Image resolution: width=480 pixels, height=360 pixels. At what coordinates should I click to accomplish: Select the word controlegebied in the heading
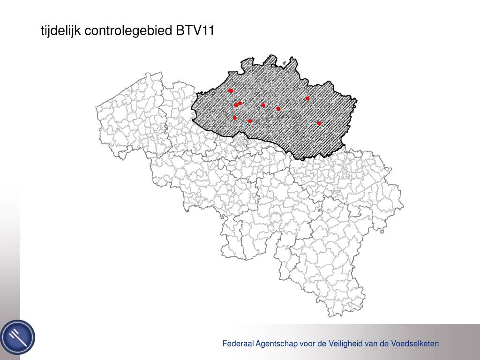click(x=128, y=31)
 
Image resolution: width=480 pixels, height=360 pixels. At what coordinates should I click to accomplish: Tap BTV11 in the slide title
click(x=195, y=31)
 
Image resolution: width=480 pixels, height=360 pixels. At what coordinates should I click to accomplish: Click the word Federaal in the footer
click(x=237, y=344)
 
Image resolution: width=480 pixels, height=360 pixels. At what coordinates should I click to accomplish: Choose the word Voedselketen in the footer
click(x=415, y=344)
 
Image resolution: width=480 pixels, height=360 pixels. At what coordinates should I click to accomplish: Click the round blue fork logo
click(x=18, y=337)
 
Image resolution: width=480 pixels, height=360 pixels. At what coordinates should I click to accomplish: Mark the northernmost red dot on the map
click(x=231, y=90)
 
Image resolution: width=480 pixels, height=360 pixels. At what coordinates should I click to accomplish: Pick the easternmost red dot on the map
click(x=319, y=123)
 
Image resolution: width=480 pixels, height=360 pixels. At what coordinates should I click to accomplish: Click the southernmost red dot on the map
click(x=319, y=123)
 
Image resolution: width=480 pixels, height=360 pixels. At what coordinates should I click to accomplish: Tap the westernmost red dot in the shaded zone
click(x=231, y=90)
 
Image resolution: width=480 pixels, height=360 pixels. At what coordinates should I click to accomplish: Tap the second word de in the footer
click(x=384, y=344)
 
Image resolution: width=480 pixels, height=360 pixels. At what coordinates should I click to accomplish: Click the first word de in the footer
click(x=321, y=344)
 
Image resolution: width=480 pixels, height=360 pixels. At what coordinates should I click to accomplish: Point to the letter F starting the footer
click(x=225, y=344)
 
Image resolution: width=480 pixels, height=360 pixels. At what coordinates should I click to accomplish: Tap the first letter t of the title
click(x=43, y=31)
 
